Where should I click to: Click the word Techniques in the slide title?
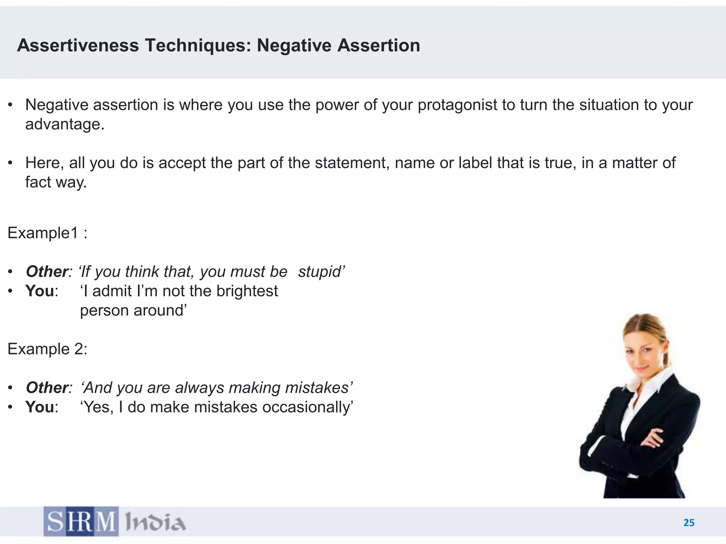point(198,46)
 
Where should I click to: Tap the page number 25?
point(689,523)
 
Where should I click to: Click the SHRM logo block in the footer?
point(81,521)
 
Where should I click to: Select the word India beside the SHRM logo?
point(155,522)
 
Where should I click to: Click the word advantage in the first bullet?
point(64,124)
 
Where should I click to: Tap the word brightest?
point(247,291)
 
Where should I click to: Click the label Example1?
point(43,233)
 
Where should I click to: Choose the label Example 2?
point(47,349)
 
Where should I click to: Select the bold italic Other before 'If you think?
point(47,272)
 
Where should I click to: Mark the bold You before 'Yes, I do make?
point(40,407)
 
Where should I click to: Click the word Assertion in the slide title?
point(378,46)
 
